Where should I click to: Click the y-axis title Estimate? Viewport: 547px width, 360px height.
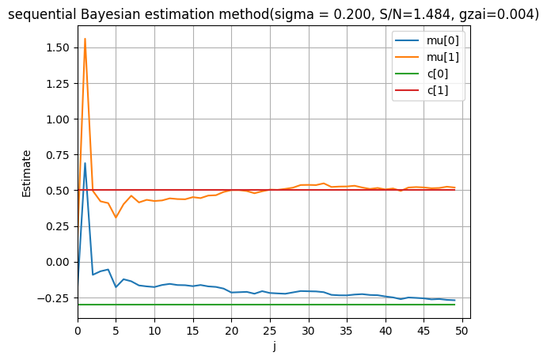[27, 172]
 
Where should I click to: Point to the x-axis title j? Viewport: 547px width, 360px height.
[274, 346]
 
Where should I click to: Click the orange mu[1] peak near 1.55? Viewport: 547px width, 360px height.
[85, 39]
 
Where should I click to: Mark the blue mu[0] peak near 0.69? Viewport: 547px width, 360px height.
[85, 163]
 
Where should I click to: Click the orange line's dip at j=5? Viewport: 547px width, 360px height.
[116, 218]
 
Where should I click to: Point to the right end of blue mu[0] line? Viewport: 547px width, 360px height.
[455, 301]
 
